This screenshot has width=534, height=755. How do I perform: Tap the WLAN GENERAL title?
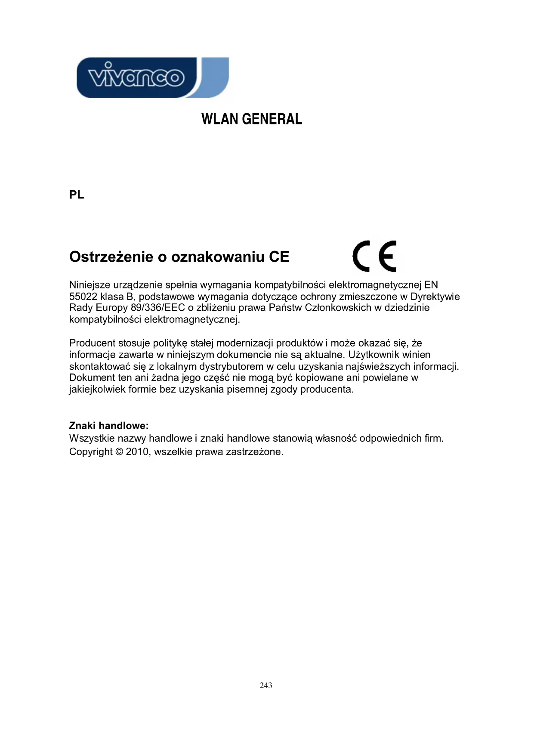[252, 119]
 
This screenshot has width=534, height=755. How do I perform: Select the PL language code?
[77, 195]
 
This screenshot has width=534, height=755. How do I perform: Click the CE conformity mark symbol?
[374, 257]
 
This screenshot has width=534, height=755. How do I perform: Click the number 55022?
[83, 297]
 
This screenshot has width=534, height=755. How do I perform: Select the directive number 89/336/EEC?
[157, 308]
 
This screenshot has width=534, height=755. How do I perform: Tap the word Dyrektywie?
[435, 297]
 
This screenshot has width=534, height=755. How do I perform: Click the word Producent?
[92, 343]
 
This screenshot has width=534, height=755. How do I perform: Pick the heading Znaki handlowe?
[109, 426]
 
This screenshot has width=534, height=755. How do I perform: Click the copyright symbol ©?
[119, 452]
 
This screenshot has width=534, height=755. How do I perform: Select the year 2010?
[137, 452]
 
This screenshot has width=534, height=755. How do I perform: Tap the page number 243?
[266, 685]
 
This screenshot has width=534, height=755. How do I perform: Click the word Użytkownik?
[373, 355]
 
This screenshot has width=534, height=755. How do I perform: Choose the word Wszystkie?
[92, 439]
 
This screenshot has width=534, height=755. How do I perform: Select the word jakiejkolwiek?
[97, 390]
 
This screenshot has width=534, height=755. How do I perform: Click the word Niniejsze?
[90, 285]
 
